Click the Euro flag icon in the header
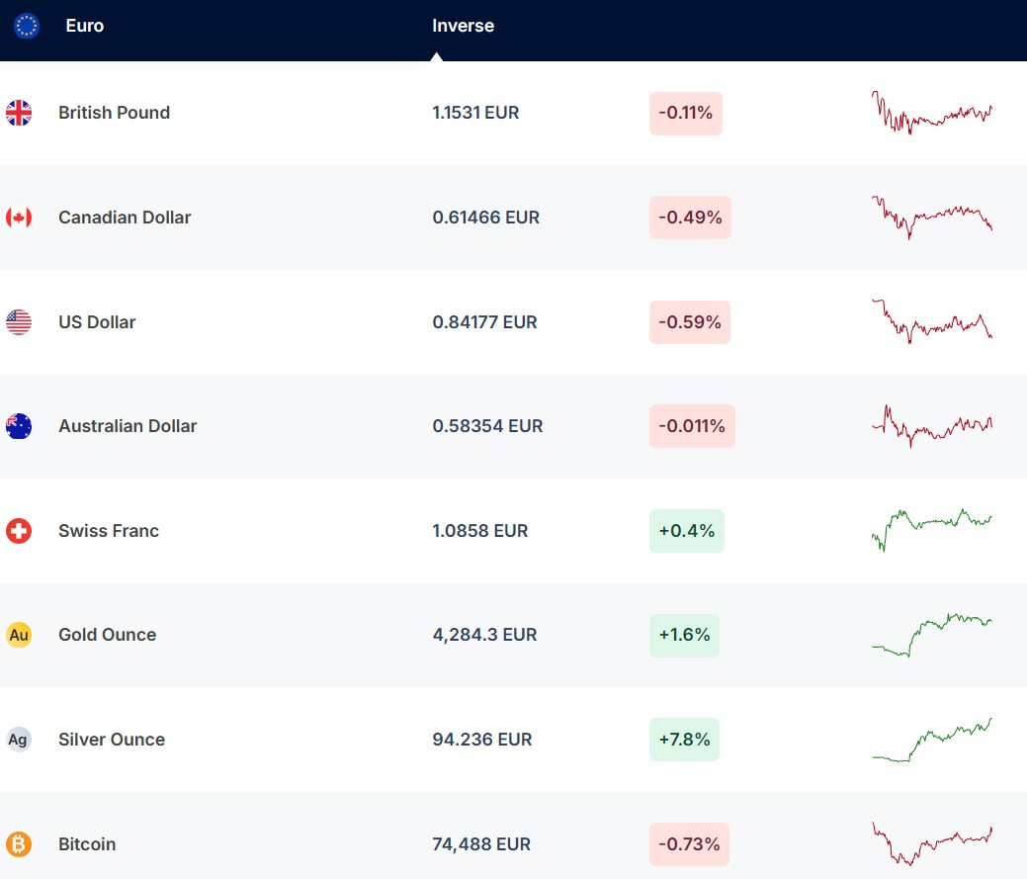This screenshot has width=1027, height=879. (27, 26)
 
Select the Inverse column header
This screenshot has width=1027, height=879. (463, 26)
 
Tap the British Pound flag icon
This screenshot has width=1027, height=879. (19, 113)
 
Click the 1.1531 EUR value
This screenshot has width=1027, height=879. (475, 113)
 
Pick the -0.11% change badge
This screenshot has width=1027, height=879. (686, 113)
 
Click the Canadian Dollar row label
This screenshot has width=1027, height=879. (125, 218)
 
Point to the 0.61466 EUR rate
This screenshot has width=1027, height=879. (486, 218)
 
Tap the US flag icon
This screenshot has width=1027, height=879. (19, 322)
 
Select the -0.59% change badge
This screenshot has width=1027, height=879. (690, 322)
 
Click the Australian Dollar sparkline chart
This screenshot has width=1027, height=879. (931, 426)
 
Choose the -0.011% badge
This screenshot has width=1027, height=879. (692, 426)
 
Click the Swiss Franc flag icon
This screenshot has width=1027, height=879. (19, 531)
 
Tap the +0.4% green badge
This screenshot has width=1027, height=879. (686, 531)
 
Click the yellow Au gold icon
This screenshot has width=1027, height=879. (19, 635)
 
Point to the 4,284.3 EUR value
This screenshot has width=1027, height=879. (484, 635)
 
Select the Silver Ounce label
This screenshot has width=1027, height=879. (112, 740)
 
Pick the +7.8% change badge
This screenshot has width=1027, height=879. (684, 740)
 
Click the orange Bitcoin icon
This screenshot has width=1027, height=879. (19, 844)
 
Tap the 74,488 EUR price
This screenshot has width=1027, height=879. (481, 844)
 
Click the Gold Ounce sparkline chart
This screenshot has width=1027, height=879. (931, 634)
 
